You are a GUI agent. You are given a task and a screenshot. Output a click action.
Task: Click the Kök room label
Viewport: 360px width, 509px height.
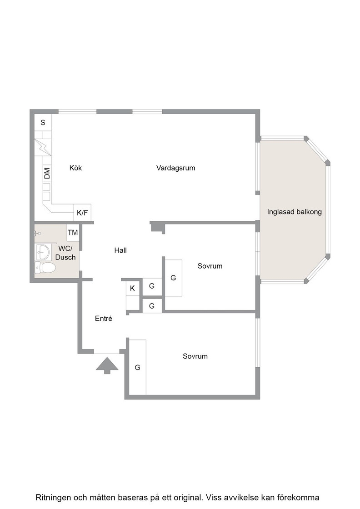(75, 168)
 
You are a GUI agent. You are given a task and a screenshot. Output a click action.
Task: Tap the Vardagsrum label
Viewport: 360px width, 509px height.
(175, 168)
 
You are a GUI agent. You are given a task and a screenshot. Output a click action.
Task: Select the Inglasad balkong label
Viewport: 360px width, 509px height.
(295, 212)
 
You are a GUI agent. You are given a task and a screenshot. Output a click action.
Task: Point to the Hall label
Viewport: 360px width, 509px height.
(120, 250)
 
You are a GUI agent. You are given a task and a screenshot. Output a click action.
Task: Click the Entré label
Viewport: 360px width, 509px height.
(104, 319)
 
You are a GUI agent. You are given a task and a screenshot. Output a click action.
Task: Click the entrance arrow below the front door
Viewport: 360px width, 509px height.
(107, 365)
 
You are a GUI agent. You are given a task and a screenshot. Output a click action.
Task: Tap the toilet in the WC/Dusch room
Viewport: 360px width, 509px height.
(45, 268)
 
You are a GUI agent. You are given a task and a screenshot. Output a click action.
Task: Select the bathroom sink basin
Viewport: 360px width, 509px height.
(43, 252)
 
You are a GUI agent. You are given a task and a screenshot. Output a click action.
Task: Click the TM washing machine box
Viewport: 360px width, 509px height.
(73, 232)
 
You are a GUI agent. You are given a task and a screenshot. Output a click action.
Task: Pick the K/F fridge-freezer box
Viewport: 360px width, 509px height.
(82, 213)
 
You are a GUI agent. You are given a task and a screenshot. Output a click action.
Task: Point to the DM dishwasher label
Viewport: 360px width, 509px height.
(47, 173)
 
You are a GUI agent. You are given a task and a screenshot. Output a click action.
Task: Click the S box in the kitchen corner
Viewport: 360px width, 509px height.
(43, 123)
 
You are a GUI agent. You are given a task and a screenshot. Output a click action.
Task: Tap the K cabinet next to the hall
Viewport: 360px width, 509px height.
(132, 288)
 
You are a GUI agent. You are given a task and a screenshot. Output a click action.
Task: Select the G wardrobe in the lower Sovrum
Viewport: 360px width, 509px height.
(138, 367)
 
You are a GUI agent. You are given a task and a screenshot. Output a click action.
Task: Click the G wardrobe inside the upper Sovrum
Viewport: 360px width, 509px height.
(173, 278)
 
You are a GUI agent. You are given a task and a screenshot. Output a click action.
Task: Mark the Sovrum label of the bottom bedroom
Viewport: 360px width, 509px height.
(195, 356)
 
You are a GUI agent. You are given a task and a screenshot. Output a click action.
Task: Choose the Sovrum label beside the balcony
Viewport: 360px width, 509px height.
(210, 266)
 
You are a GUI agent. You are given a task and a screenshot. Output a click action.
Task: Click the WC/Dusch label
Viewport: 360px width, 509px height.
(65, 253)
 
